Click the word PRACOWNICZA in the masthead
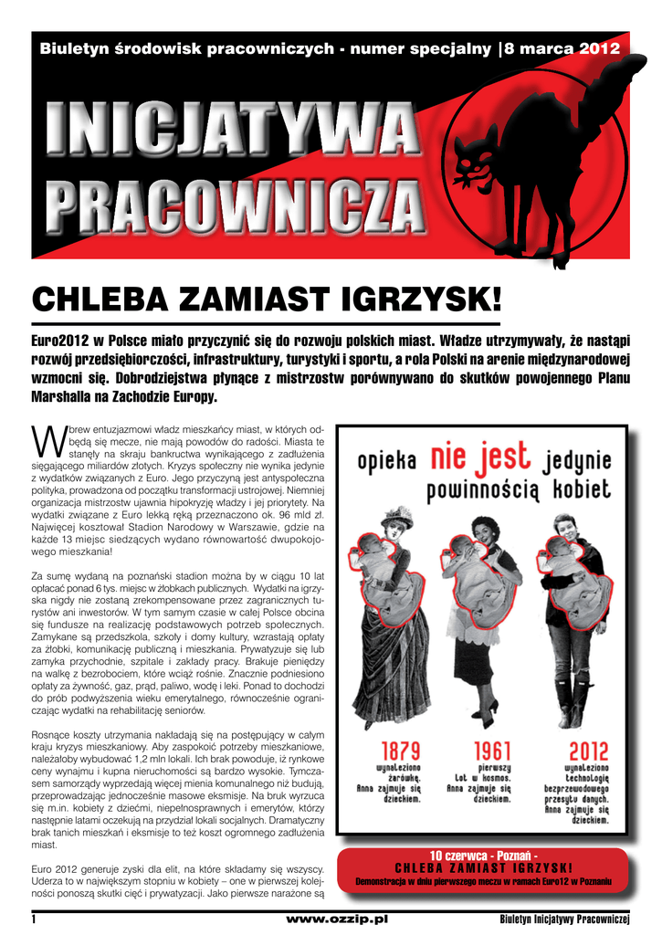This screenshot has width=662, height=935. pos(234,203)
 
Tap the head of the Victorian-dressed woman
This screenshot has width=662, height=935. pos(397,527)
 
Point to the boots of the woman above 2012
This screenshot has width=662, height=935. pos(575,703)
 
